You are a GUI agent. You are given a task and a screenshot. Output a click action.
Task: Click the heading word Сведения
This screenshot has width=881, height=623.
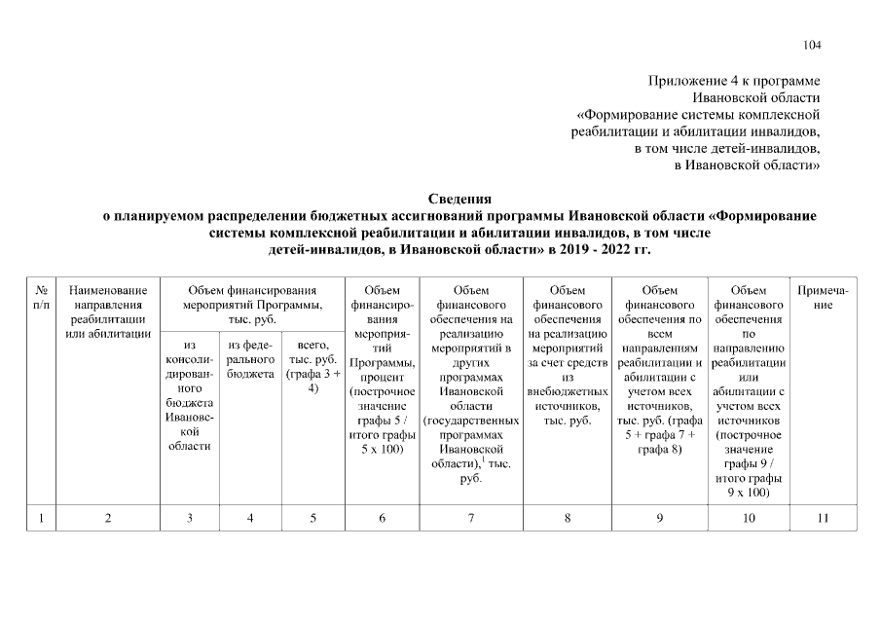pyautogui.click(x=459, y=200)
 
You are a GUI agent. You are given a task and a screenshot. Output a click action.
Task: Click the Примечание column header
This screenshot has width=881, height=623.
pyautogui.click(x=823, y=298)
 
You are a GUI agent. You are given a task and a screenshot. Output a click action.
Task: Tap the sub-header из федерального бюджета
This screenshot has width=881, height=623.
pyautogui.click(x=251, y=359)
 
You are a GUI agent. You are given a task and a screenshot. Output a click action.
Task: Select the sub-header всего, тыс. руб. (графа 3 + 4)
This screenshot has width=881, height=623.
pyautogui.click(x=313, y=366)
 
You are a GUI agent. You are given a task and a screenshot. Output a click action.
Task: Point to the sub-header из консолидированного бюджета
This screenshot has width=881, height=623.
pyautogui.click(x=191, y=394)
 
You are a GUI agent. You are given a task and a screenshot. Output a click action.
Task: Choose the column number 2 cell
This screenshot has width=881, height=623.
pyautogui.click(x=108, y=518)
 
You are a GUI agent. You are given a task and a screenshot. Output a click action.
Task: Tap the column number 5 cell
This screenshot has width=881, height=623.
pyautogui.click(x=313, y=518)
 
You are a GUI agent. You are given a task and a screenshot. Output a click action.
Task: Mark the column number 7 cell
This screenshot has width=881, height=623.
pyautogui.click(x=471, y=518)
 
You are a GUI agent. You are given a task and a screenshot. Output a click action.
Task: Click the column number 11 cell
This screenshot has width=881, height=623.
pyautogui.click(x=823, y=518)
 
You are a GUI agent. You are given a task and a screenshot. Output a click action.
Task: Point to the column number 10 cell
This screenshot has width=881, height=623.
pyautogui.click(x=749, y=518)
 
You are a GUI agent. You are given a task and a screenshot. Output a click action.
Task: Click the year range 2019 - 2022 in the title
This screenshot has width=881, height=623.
pyautogui.click(x=591, y=250)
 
